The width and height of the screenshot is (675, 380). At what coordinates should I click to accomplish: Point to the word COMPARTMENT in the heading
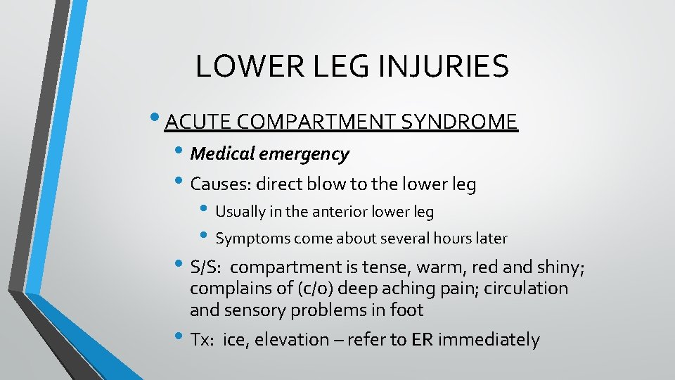(316, 122)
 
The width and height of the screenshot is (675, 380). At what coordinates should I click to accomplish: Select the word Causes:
(220, 185)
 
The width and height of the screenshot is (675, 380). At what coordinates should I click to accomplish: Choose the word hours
(447, 238)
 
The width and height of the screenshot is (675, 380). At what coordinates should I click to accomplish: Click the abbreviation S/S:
(206, 268)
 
